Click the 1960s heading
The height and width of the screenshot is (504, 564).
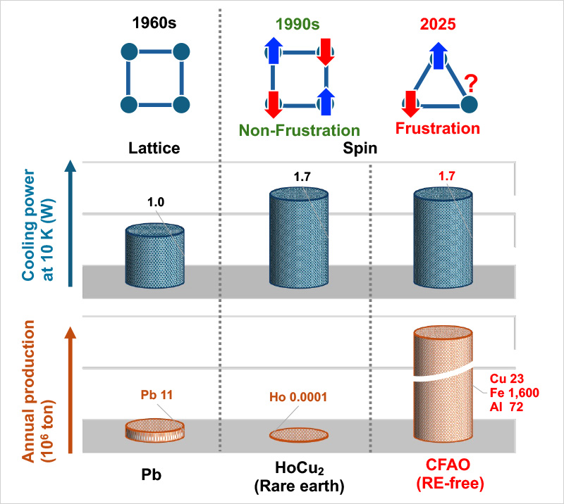154,22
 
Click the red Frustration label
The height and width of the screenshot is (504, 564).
437,129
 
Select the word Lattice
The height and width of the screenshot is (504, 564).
155,149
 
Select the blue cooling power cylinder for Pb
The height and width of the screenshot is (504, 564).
155,260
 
